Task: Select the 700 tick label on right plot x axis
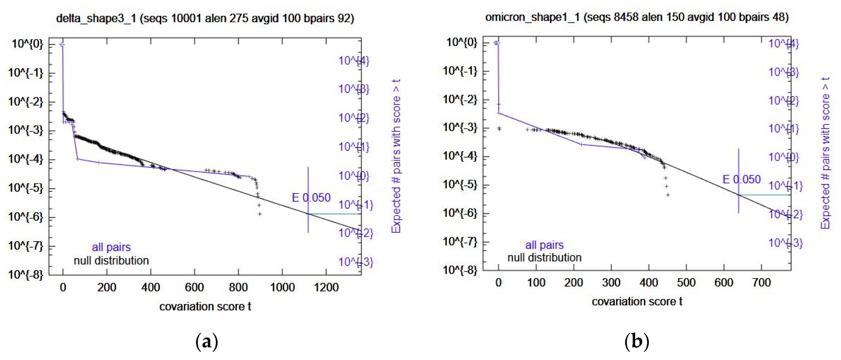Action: (761, 282)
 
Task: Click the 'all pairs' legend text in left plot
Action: (111, 247)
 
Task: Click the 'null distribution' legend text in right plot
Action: (544, 258)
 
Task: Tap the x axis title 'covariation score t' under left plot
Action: (205, 306)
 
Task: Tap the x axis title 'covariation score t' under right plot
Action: (637, 301)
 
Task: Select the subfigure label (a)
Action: (206, 342)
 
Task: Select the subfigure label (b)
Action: (637, 342)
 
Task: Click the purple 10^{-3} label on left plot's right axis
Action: (355, 262)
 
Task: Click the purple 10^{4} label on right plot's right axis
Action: (784, 44)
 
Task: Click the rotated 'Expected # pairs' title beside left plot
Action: (396, 156)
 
